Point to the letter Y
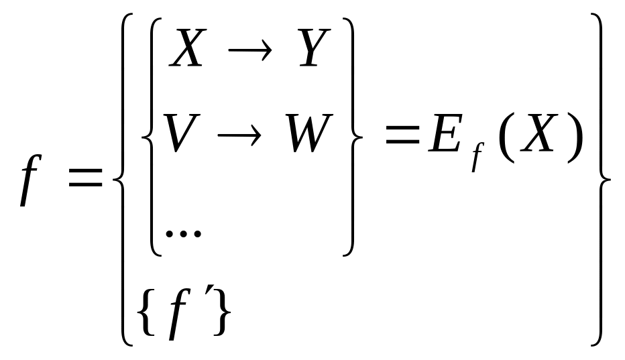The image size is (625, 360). point(310,50)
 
